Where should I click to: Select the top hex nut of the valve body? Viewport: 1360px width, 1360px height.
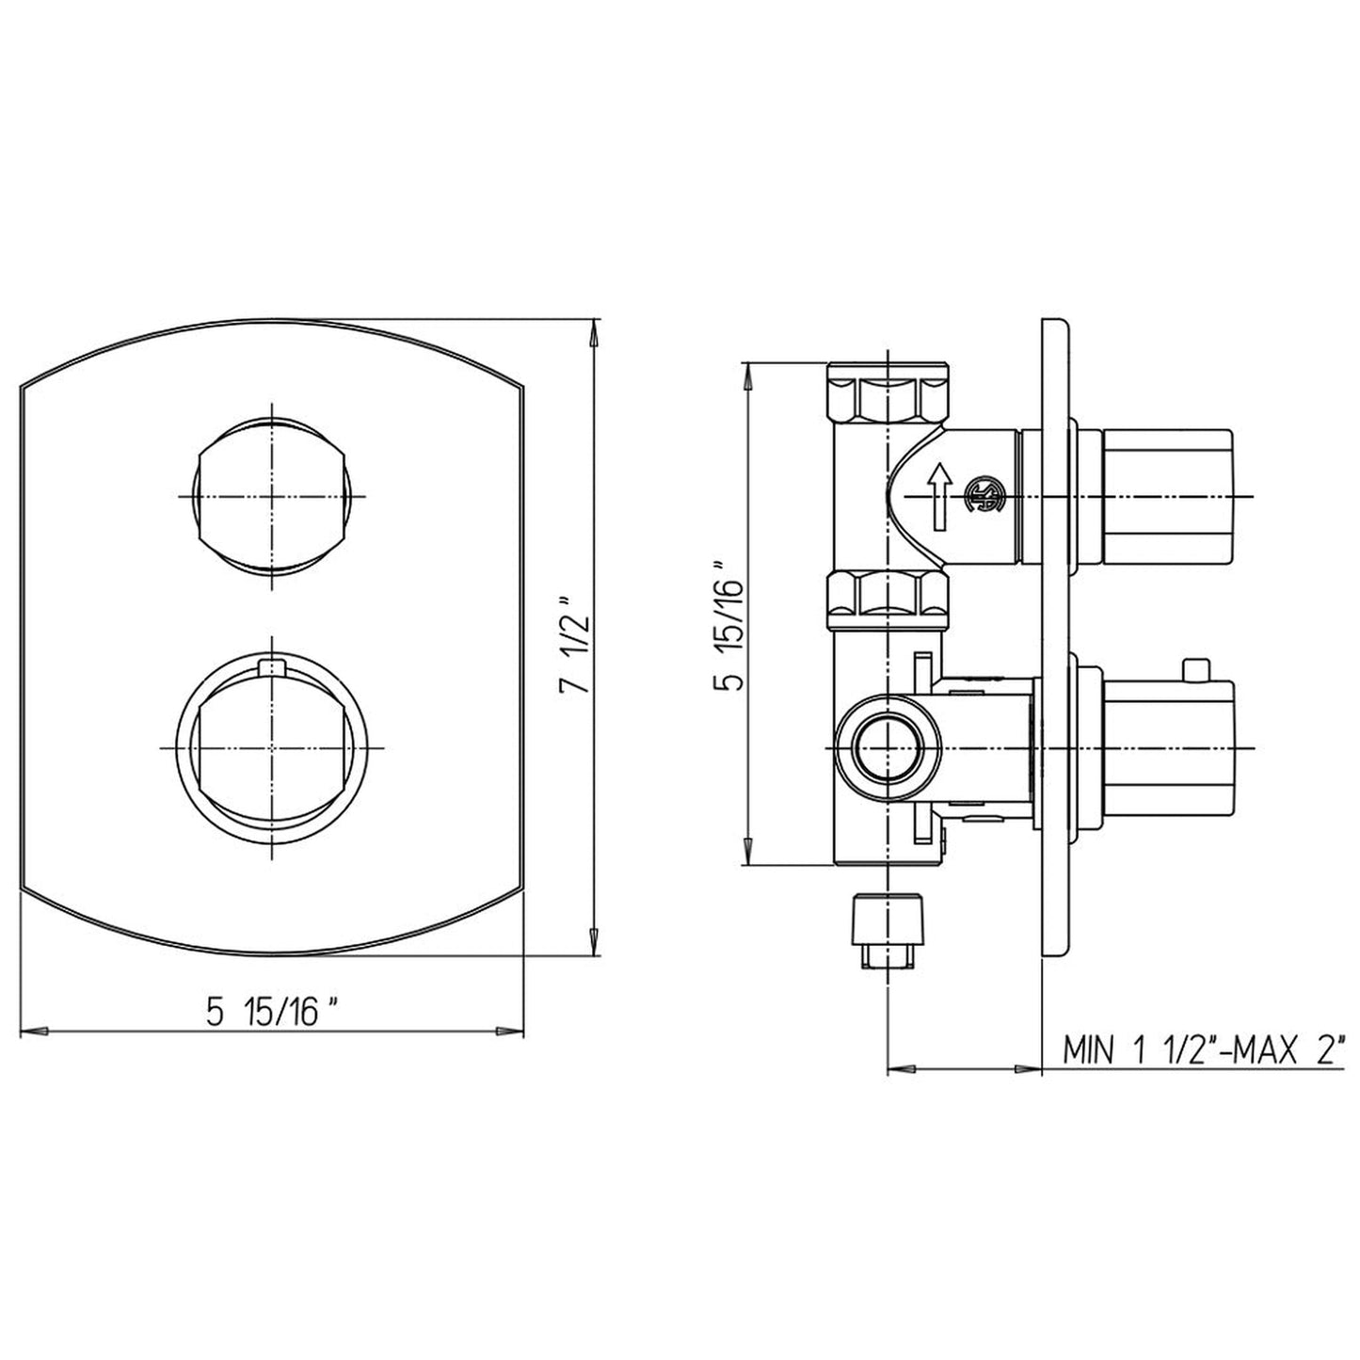coord(888,392)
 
